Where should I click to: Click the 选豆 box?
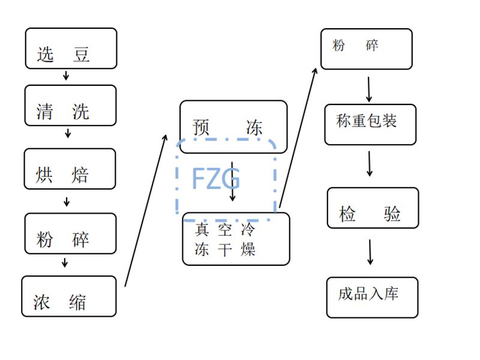pyautogui.click(x=71, y=48)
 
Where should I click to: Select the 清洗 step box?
pyautogui.click(x=70, y=105)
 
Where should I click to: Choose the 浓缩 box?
pyautogui.click(x=68, y=296)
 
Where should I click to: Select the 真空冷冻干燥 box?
pyautogui.click(x=236, y=239)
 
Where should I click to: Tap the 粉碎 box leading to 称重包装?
pyautogui.click(x=366, y=49)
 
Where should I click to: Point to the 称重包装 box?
pyautogui.click(x=370, y=124)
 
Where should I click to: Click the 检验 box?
pyautogui.click(x=371, y=208)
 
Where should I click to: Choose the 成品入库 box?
pyautogui.click(x=372, y=297)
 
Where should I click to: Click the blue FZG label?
pyautogui.click(x=216, y=179)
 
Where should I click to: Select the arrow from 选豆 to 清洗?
pyautogui.click(x=67, y=76)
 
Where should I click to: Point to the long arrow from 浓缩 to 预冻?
pyautogui.click(x=146, y=210)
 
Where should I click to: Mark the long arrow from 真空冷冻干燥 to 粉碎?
pyautogui.click(x=298, y=138)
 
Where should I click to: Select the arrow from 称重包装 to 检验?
pyautogui.click(x=370, y=163)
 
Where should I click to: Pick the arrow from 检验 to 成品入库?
pyautogui.click(x=370, y=252)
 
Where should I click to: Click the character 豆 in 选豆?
pyautogui.click(x=82, y=55)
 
